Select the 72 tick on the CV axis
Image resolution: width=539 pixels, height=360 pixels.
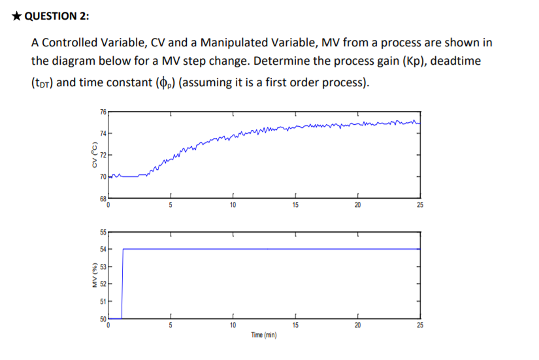click(103, 155)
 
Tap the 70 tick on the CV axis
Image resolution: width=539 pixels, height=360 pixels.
click(103, 176)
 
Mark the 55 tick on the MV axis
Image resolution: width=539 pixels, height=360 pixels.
click(103, 232)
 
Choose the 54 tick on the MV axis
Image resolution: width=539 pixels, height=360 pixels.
click(103, 249)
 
